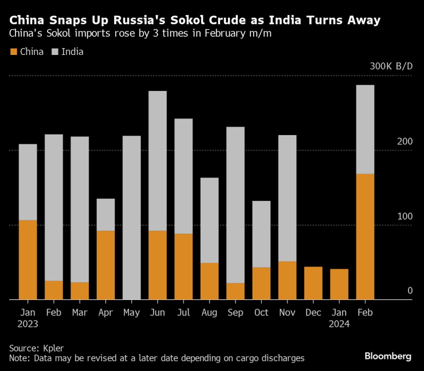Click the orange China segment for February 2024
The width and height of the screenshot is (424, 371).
coord(365,236)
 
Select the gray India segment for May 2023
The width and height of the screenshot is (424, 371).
coord(132,218)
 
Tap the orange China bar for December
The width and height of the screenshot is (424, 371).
coord(313,283)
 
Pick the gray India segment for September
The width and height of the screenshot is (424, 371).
coord(235,205)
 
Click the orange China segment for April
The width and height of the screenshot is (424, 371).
coord(105,265)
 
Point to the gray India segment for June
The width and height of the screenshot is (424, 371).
coord(158,161)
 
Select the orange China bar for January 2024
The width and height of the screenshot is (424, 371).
coord(339,284)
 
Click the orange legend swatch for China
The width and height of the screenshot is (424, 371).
coord(13,52)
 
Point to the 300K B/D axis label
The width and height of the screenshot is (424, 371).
coord(391,66)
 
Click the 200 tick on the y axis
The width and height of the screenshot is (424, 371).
coord(405,141)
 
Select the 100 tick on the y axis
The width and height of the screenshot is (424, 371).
coord(405,216)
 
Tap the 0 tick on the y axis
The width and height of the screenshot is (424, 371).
coord(410,291)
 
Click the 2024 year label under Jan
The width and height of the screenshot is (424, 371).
coord(339,323)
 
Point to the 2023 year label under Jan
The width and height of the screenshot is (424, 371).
coord(28,323)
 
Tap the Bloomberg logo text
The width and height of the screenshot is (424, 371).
coord(388,356)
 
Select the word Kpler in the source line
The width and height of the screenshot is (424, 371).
coord(54,348)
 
